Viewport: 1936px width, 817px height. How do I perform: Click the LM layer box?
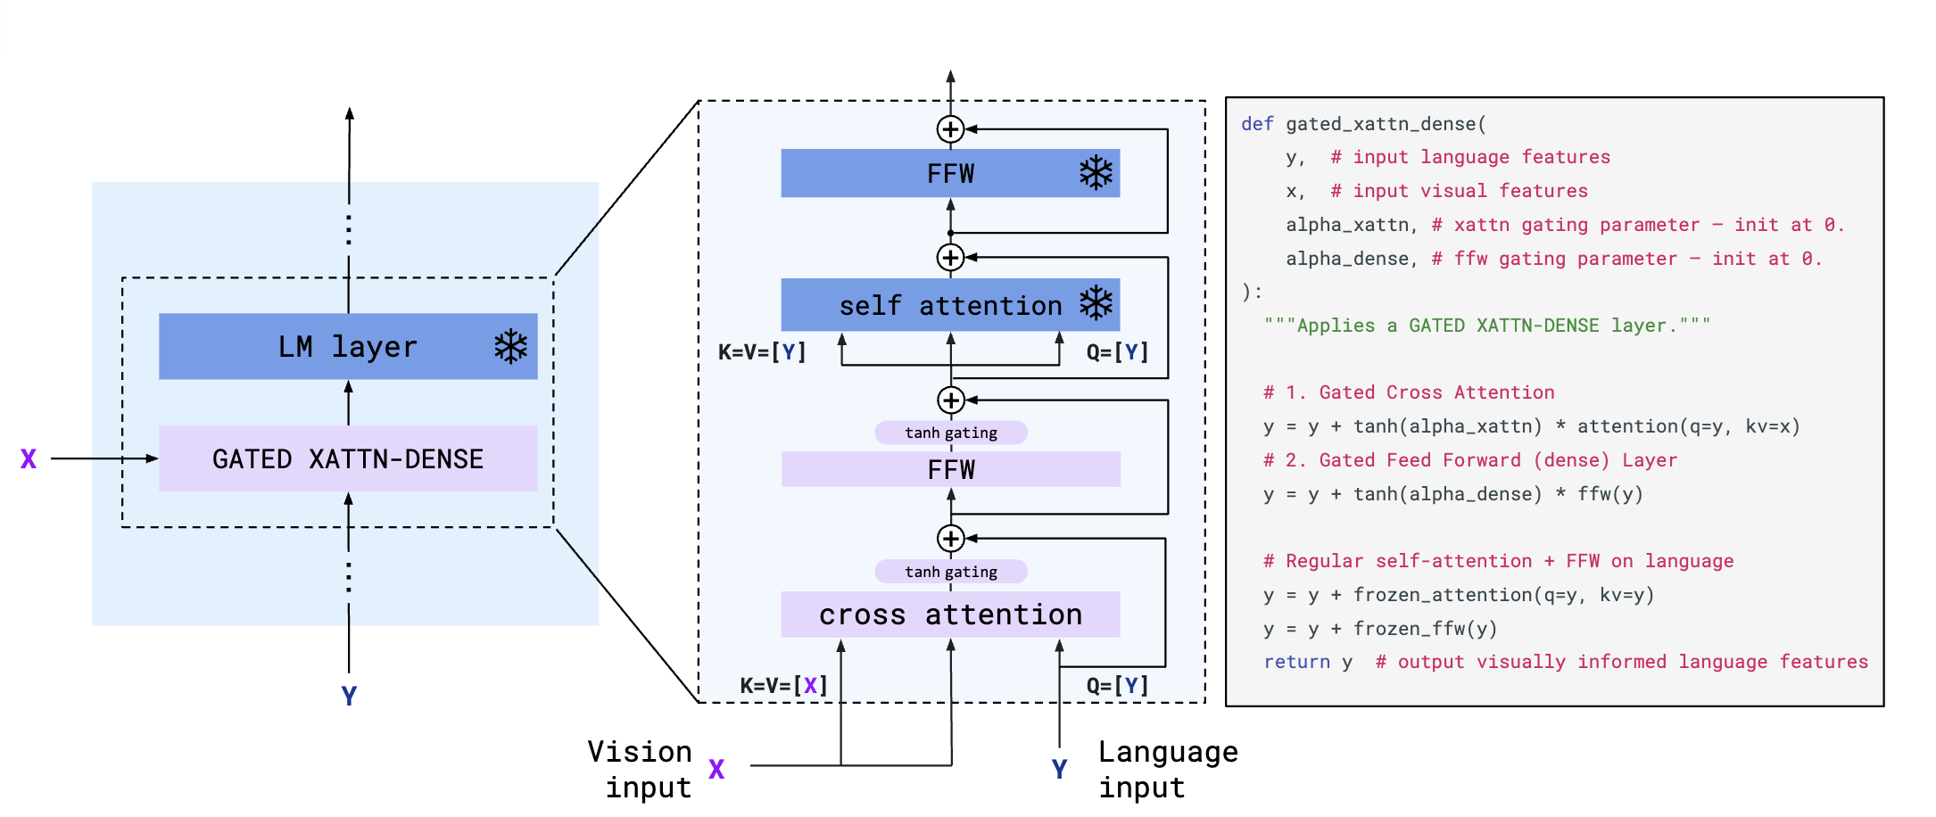click(348, 346)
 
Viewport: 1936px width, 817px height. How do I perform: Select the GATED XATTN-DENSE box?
click(348, 458)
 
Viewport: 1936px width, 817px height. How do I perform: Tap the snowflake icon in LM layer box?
click(511, 346)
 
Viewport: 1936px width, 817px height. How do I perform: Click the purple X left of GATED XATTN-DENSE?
click(29, 459)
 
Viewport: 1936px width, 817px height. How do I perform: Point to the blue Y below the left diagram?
click(349, 696)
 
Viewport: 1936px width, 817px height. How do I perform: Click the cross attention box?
click(950, 615)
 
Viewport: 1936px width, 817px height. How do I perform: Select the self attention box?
click(950, 305)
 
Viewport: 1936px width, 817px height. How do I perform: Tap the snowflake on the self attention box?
click(1096, 303)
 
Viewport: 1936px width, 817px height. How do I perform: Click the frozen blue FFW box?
click(950, 173)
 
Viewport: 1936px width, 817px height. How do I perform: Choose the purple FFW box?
click(950, 469)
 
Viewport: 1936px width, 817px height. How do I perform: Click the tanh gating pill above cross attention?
click(951, 572)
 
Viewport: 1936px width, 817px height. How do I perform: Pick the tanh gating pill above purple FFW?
click(951, 433)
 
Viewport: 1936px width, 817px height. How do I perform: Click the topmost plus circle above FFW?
click(950, 129)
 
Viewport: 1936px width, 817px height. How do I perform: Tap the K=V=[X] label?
click(783, 685)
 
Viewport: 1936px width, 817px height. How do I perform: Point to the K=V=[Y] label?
click(762, 352)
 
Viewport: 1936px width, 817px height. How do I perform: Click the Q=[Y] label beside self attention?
click(1117, 352)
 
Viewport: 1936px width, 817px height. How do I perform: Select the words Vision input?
click(641, 770)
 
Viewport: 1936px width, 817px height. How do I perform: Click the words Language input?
click(1167, 770)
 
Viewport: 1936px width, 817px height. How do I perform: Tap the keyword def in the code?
click(1257, 124)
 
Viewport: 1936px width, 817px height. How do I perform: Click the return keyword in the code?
click(1296, 662)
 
